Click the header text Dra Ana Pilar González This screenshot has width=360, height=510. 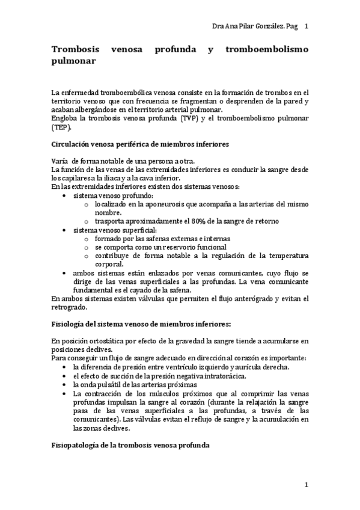(x=247, y=27)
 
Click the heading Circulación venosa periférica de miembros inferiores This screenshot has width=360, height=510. (x=131, y=144)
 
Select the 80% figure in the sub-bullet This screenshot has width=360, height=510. (x=192, y=221)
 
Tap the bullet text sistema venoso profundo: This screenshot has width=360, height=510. (x=112, y=195)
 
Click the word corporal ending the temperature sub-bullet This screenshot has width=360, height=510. (x=109, y=264)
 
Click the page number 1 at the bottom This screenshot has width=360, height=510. (x=306, y=485)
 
